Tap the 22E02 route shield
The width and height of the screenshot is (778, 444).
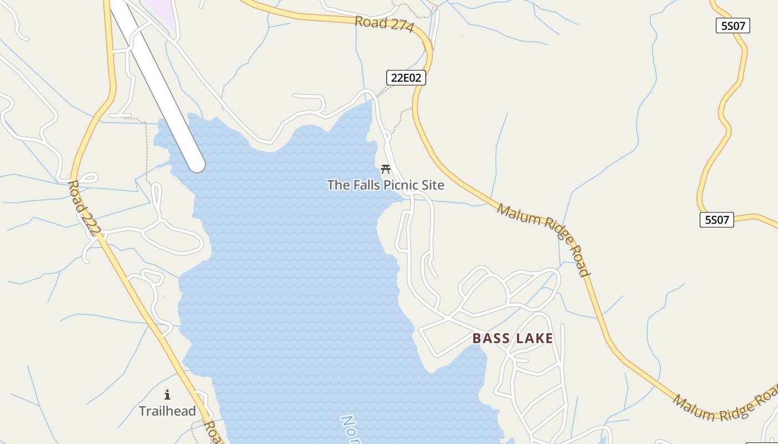(406, 78)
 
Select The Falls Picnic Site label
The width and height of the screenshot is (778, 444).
(386, 185)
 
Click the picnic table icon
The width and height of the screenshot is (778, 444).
(386, 169)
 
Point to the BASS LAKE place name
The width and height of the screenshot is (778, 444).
(512, 339)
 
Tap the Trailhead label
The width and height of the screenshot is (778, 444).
(167, 411)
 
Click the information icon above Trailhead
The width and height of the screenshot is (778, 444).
(167, 395)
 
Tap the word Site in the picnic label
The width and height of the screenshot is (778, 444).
(432, 185)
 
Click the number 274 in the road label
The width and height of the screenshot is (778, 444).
(401, 27)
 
